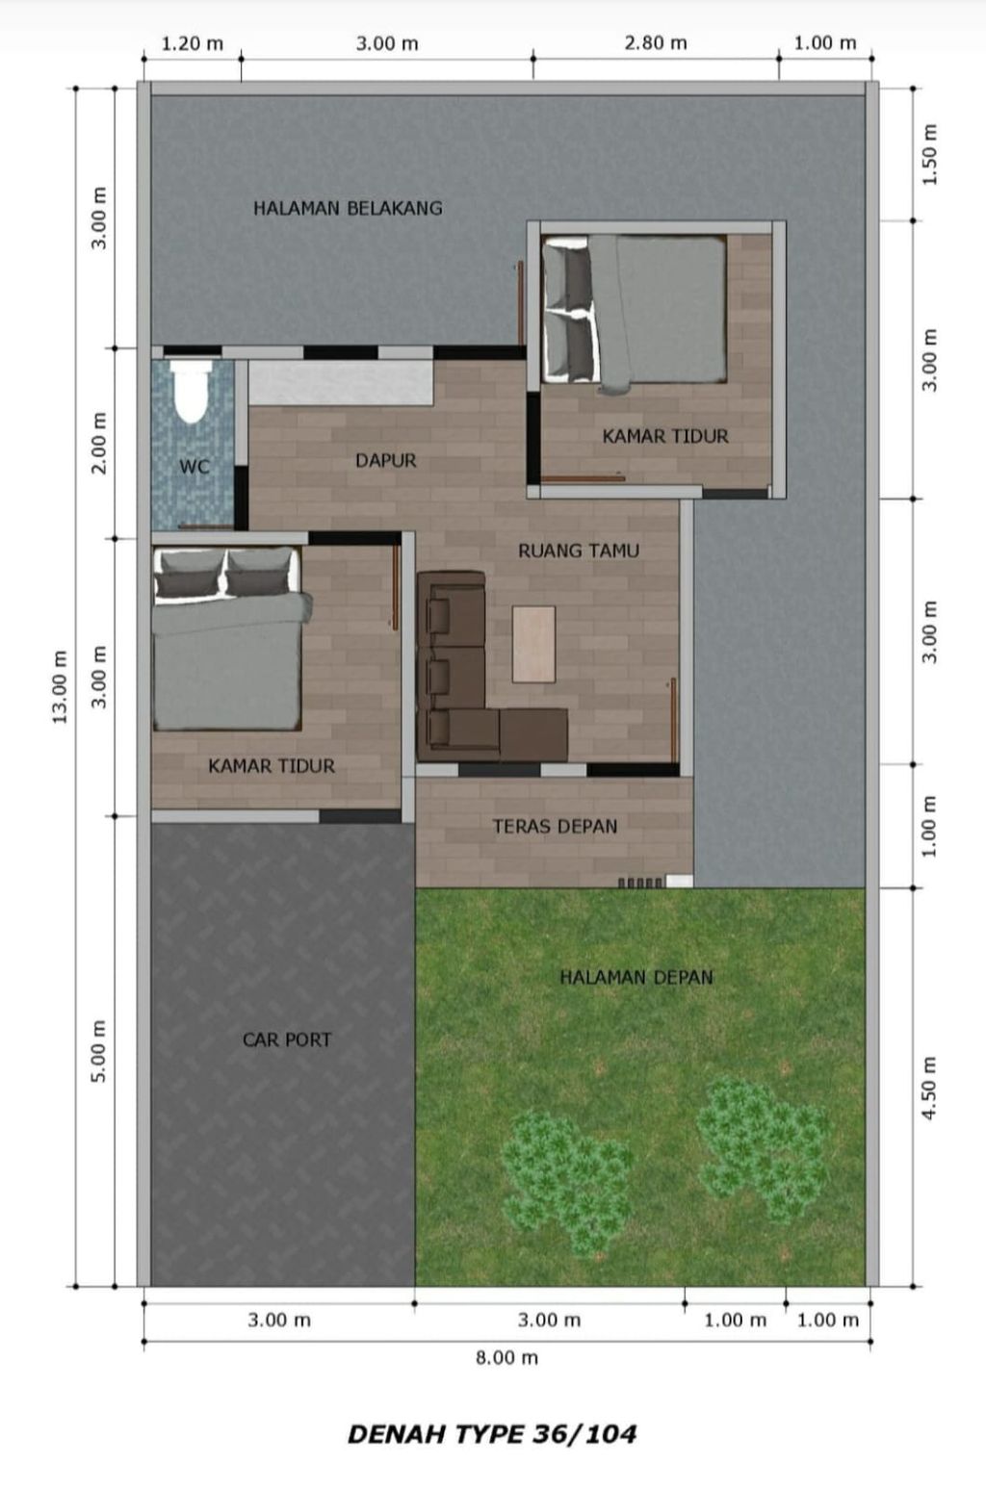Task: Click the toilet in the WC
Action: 192,392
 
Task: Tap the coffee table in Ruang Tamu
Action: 533,644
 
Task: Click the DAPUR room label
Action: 385,460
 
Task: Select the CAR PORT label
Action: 286,1039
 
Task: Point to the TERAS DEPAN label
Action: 555,827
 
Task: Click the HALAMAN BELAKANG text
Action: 348,209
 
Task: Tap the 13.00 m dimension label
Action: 60,686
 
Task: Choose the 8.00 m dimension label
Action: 506,1358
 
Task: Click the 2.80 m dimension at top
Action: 655,43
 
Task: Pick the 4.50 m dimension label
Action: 930,1089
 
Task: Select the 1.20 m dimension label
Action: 192,44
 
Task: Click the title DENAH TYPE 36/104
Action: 492,1434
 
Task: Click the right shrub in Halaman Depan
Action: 763,1148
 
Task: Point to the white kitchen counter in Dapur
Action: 341,383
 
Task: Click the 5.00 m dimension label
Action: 98,1051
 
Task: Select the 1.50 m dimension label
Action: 930,155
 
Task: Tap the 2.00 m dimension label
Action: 98,443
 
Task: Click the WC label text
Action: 194,467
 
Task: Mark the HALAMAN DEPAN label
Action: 636,977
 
